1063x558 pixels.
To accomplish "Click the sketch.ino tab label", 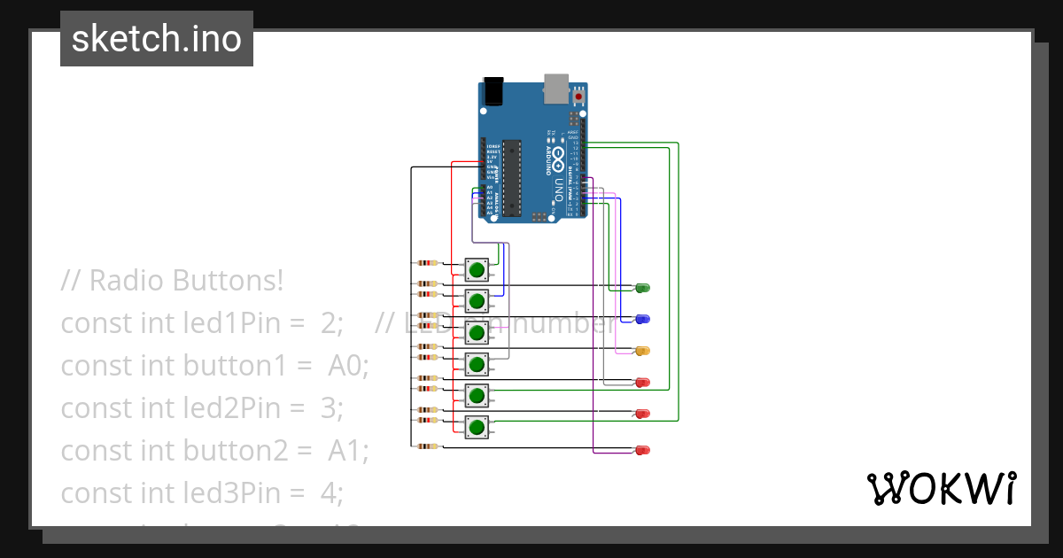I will (156, 39).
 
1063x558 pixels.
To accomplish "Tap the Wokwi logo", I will (940, 489).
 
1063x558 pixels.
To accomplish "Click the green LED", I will (643, 287).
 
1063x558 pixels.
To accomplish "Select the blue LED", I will (643, 319).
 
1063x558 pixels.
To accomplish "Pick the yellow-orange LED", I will (643, 351).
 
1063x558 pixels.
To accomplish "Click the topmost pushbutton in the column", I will (477, 269).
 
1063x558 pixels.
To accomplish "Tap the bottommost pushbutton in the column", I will (477, 428).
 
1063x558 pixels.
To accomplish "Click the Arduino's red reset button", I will (580, 95).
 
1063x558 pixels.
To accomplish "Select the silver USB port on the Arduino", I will (556, 86).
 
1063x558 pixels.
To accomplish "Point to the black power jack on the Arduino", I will (493, 90).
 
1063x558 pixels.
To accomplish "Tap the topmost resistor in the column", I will (428, 262).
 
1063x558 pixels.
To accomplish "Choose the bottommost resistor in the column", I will (428, 446).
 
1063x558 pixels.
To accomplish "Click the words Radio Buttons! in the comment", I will (186, 281).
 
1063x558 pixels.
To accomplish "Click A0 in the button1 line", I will (348, 365).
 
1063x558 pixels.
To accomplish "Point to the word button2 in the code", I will (235, 450).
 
